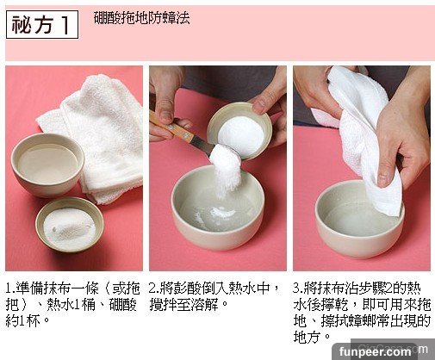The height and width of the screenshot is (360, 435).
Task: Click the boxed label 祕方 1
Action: tap(42, 25)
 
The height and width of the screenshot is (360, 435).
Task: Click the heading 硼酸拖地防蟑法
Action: tap(142, 18)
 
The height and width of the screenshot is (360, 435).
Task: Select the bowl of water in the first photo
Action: tap(47, 164)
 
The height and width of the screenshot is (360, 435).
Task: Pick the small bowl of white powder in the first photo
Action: tap(70, 225)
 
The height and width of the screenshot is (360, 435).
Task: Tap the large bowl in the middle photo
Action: tap(218, 207)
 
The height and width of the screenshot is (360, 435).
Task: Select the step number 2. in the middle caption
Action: tap(154, 289)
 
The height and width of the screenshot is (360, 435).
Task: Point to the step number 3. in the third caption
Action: tap(299, 289)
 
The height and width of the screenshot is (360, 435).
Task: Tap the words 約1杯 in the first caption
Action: tap(23, 321)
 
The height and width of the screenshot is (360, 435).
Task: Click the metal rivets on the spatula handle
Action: tap(178, 130)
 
